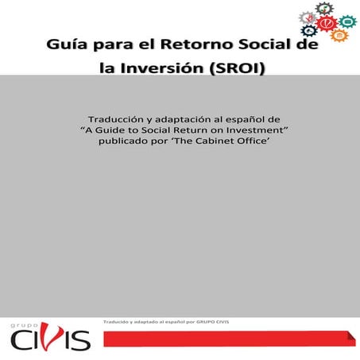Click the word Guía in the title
click(67, 45)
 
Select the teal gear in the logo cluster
click(347, 21)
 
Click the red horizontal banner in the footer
click(230, 340)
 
